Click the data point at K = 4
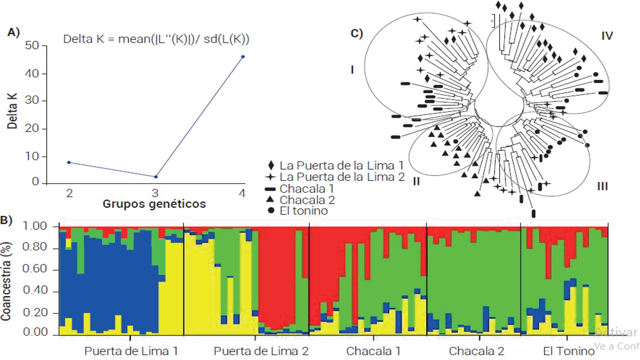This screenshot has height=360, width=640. click(x=243, y=57)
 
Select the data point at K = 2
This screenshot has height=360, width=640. click(x=69, y=162)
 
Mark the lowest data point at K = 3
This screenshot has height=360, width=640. click(x=156, y=176)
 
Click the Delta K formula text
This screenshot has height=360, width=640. click(x=156, y=40)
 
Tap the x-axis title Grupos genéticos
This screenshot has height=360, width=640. click(x=154, y=204)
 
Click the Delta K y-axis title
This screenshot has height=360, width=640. click(x=13, y=115)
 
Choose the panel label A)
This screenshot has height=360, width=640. click(x=14, y=32)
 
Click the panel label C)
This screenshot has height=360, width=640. click(x=357, y=33)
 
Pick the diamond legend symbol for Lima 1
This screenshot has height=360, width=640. click(x=270, y=166)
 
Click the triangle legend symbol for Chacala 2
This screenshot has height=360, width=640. click(x=270, y=200)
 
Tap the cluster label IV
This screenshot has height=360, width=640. click(x=607, y=36)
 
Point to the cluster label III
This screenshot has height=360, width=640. click(x=602, y=187)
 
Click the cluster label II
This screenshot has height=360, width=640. click(x=416, y=181)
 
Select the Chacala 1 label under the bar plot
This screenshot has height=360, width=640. click(x=374, y=351)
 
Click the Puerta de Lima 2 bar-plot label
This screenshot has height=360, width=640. click(x=261, y=351)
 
